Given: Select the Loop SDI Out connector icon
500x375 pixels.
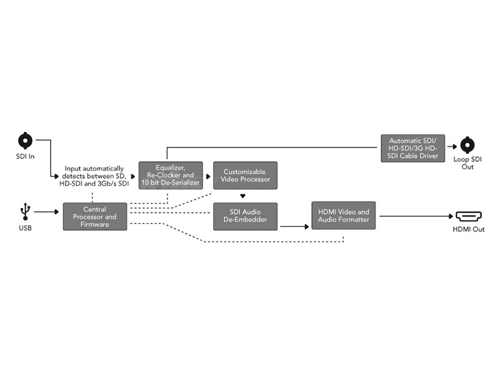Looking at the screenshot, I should (x=467, y=145).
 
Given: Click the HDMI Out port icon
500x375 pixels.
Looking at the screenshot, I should (x=468, y=216).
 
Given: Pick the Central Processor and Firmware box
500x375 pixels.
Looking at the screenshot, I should (x=94, y=216).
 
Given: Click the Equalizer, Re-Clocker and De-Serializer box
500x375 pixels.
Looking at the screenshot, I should (x=171, y=175).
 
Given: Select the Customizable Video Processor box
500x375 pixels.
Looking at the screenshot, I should (x=244, y=175).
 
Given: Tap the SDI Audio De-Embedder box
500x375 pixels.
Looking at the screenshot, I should (x=244, y=216).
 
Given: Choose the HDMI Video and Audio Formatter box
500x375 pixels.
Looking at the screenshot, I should (x=343, y=216).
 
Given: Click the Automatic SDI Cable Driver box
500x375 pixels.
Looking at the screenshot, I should (x=413, y=148).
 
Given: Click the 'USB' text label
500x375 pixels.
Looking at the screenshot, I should (x=26, y=227).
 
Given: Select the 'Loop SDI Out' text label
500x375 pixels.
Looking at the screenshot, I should (x=467, y=162).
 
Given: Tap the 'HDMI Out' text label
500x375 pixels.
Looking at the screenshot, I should (x=469, y=229).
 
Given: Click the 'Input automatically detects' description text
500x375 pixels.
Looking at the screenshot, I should (x=94, y=176).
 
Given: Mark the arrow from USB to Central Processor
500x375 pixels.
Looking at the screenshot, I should (x=47, y=212).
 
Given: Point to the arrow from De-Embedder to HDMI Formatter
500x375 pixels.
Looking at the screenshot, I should (x=294, y=226).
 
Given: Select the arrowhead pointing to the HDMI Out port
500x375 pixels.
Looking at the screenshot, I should (x=449, y=216).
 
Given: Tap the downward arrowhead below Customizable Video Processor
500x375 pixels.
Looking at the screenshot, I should (x=242, y=196).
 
